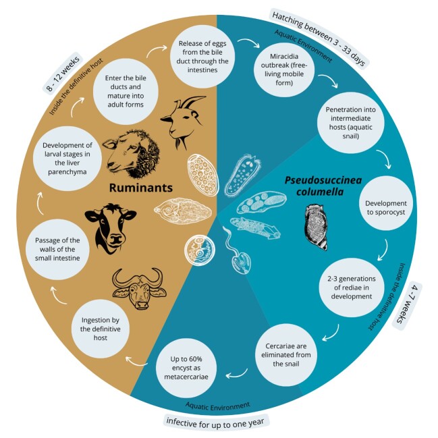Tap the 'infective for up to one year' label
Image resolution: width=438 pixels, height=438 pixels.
point(217,420)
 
